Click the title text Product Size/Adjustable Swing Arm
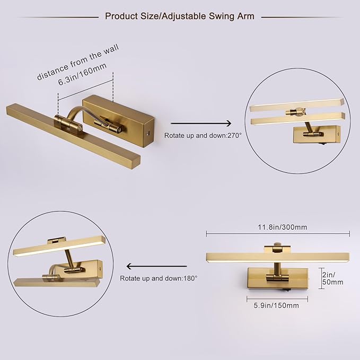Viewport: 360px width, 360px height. click(180, 16)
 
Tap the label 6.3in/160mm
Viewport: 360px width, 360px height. click(82, 74)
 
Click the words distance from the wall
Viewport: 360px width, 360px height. click(78, 62)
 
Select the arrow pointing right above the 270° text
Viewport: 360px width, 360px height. click(201, 124)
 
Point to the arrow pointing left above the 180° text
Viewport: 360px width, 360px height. click(156, 266)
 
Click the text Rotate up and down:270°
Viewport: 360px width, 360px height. click(203, 135)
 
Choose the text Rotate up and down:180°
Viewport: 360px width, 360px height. click(159, 278)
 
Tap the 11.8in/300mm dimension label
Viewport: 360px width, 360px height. click(283, 227)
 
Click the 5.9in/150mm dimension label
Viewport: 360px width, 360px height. click(276, 305)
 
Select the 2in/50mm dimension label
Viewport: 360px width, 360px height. click(332, 278)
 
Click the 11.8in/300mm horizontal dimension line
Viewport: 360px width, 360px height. click(278, 234)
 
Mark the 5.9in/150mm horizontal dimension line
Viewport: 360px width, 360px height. click(277, 298)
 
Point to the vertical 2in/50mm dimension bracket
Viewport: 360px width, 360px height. click(321, 278)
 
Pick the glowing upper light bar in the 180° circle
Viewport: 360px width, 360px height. click(59, 246)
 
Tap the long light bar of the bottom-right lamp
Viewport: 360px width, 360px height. click(278, 258)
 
